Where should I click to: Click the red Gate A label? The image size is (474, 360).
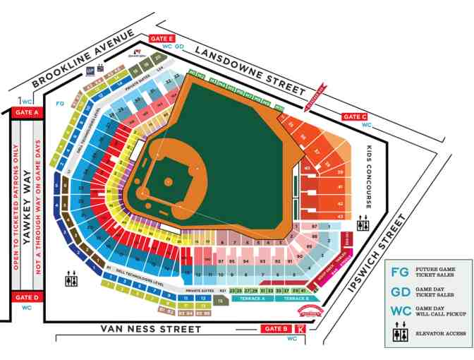[26, 112]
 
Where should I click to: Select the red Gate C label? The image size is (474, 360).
[354, 116]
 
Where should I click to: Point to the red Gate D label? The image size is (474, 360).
[26, 297]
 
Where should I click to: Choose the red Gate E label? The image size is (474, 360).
[162, 38]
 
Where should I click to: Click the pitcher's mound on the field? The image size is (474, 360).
[169, 181]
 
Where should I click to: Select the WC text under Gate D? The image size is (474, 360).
[26, 308]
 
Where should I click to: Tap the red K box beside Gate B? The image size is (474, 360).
[302, 328]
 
